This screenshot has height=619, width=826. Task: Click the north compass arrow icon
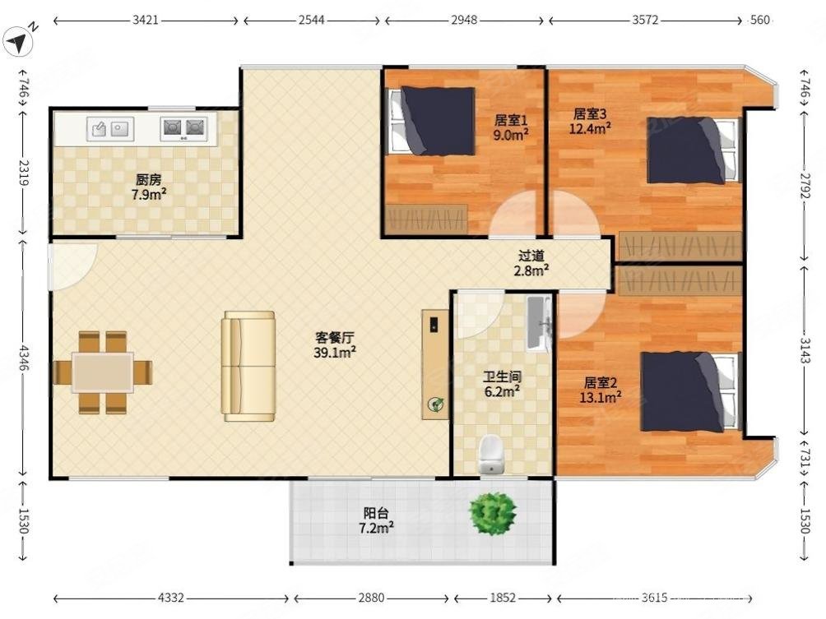tap(18, 42)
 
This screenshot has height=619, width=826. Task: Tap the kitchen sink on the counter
tap(110, 128)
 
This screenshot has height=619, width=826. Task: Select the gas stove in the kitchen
tap(183, 128)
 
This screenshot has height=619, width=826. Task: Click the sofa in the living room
tap(248, 367)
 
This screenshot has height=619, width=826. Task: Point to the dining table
tap(103, 372)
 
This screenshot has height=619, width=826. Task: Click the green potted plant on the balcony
tap(493, 513)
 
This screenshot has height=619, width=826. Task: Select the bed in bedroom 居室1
tap(432, 122)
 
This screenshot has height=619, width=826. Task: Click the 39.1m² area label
tap(335, 352)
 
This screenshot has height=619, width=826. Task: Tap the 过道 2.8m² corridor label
tap(531, 263)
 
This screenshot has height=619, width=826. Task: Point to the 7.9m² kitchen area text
tap(149, 195)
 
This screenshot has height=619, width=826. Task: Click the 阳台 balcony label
tap(377, 512)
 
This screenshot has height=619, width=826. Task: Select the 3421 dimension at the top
tap(146, 21)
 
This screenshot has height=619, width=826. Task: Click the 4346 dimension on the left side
tap(23, 358)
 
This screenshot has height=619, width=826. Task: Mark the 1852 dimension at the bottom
tap(503, 598)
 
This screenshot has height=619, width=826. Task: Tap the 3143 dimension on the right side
tap(805, 350)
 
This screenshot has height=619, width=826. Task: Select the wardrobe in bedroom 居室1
tap(426, 219)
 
